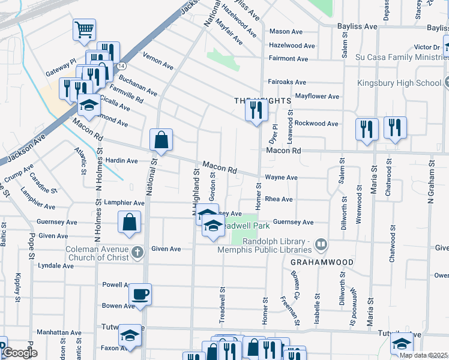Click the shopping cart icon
pyautogui.click(x=85, y=29)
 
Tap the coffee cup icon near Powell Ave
pyautogui.click(x=140, y=294)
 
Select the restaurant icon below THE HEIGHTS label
pyautogui.click(x=256, y=110)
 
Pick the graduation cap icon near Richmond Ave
pyautogui.click(x=89, y=105)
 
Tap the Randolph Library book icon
pyautogui.click(x=322, y=244)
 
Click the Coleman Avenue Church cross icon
pyautogui.click(x=137, y=252)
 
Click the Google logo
pyautogui.click(x=20, y=353)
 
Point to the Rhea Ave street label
pyautogui.click(x=279, y=199)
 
